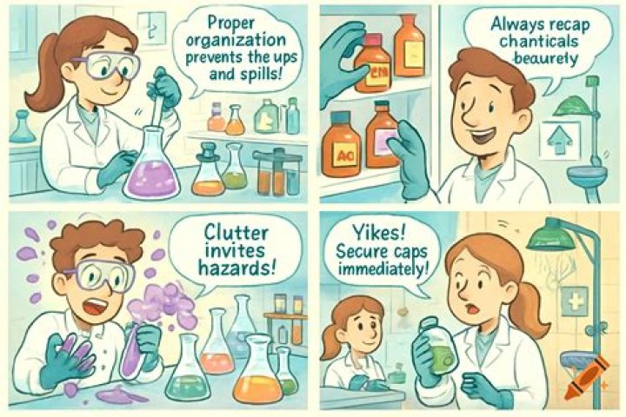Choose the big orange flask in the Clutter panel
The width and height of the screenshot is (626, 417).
click(256, 374)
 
